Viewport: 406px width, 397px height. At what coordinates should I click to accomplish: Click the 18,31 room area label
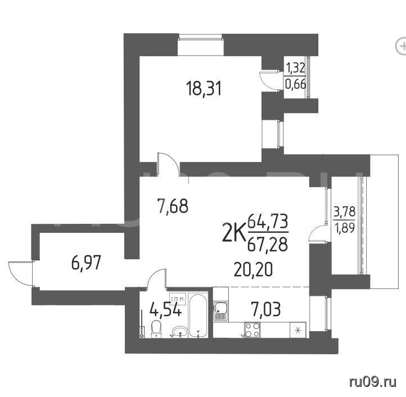[204, 89]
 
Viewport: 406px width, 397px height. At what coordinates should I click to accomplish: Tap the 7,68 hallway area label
[173, 206]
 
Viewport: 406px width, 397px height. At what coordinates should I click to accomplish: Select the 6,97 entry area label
[85, 263]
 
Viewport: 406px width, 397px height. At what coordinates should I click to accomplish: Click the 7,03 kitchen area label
[265, 309]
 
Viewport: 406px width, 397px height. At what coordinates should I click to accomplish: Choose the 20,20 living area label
[253, 269]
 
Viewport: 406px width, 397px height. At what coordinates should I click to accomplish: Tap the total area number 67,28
[268, 244]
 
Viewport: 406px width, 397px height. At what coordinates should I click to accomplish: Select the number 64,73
[268, 222]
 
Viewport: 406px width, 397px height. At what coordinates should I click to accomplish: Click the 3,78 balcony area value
[344, 212]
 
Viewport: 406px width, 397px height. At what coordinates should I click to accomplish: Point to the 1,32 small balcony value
[295, 69]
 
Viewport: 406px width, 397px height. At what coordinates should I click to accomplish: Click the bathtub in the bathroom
[198, 315]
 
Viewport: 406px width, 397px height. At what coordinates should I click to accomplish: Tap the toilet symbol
[156, 328]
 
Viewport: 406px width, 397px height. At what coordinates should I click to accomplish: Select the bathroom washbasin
[180, 332]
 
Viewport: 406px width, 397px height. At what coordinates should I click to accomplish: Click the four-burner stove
[252, 330]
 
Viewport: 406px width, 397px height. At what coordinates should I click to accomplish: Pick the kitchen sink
[220, 312]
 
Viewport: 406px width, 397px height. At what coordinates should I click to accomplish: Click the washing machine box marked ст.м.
[178, 299]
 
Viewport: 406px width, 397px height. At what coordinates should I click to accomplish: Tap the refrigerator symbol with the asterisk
[298, 330]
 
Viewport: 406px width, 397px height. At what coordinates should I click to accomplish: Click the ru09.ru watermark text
[373, 382]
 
